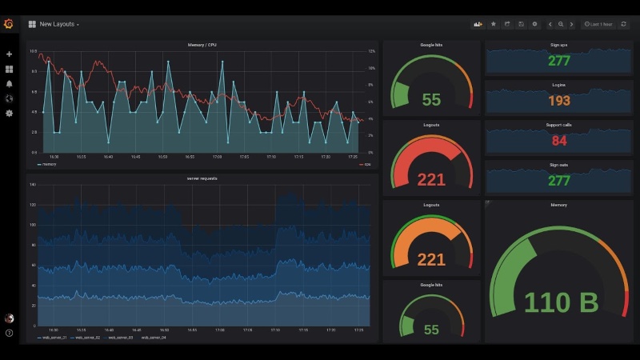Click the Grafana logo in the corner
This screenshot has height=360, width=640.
(x=9, y=24)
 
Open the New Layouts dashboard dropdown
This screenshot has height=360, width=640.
(x=58, y=25)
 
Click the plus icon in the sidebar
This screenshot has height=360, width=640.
(x=9, y=54)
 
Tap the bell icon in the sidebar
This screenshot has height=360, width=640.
(x=9, y=83)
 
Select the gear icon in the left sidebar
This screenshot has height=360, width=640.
(x=9, y=113)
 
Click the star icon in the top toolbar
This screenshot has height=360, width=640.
(x=493, y=25)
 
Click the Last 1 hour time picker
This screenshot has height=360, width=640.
(x=598, y=25)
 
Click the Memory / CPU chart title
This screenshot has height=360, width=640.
(x=200, y=46)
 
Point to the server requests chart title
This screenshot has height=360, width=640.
(x=200, y=178)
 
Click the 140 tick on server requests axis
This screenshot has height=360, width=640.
(x=33, y=185)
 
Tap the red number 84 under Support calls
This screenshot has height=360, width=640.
(x=558, y=142)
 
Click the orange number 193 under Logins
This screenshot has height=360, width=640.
(x=558, y=101)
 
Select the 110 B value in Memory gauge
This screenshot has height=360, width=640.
(x=562, y=302)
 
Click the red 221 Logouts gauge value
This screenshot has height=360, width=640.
(x=431, y=179)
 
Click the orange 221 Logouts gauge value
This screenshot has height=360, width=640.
(x=431, y=258)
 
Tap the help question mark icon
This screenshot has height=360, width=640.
(x=9, y=333)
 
